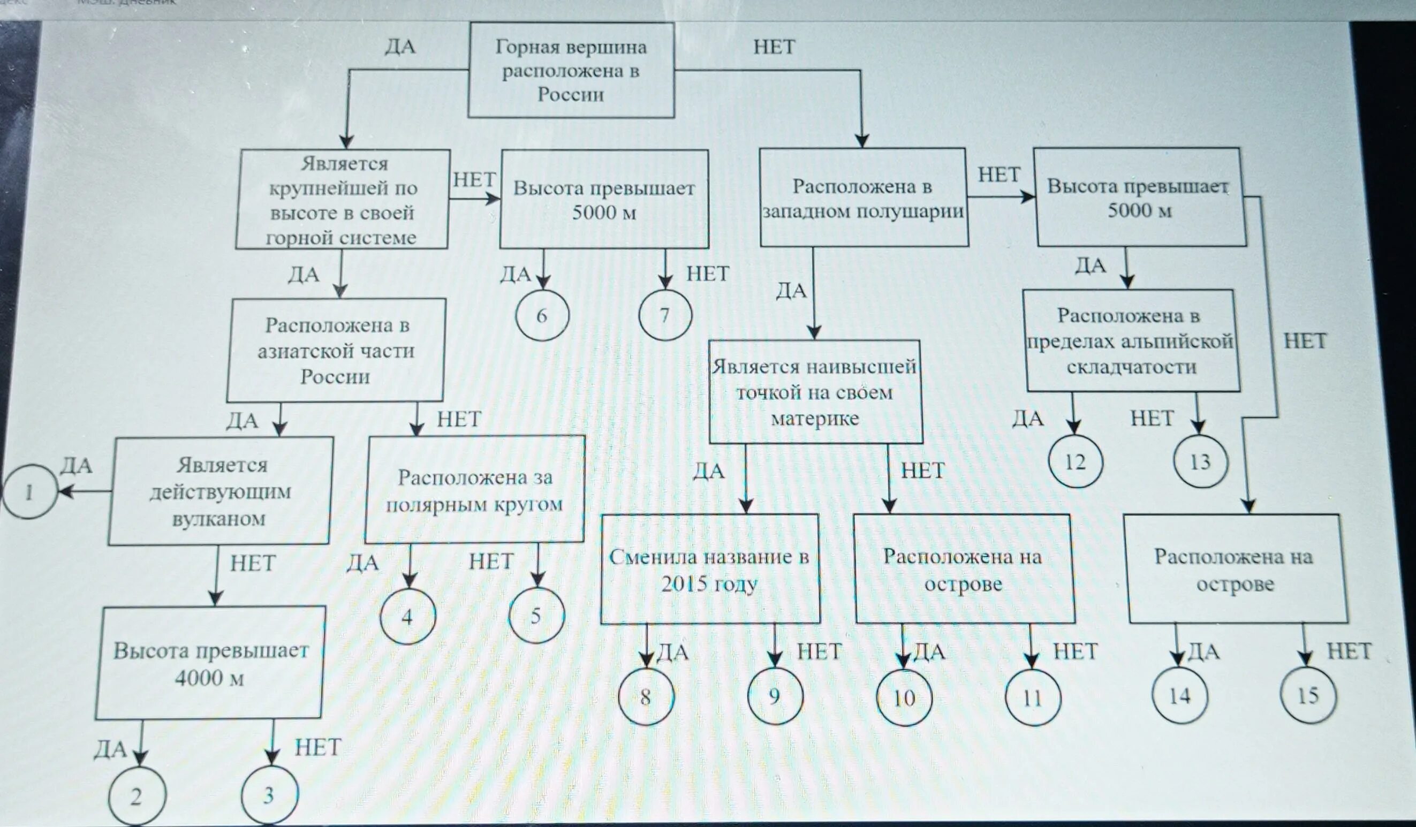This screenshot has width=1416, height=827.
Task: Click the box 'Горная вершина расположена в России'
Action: (571, 70)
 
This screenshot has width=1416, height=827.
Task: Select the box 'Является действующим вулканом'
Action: (220, 491)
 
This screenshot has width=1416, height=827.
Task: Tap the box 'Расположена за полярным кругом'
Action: (475, 490)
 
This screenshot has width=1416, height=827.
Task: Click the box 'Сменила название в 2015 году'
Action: (710, 569)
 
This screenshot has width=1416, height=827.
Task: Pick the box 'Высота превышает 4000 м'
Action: (210, 663)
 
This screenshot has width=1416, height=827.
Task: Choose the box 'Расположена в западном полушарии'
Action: (864, 198)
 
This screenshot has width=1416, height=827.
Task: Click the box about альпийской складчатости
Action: (1132, 341)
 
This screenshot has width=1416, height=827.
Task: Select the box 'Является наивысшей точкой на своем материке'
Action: (815, 392)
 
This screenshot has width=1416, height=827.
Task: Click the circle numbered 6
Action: (542, 315)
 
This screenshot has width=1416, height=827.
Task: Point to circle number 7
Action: (665, 315)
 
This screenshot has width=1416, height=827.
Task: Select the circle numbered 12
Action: (1075, 462)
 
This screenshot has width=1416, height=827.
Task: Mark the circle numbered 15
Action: (1307, 695)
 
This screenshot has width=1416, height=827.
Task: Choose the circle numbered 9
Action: (774, 696)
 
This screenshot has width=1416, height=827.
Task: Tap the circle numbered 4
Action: (407, 617)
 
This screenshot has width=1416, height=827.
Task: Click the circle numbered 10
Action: (904, 698)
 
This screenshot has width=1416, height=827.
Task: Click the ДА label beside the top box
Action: (400, 46)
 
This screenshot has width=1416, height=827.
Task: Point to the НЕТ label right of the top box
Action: (774, 47)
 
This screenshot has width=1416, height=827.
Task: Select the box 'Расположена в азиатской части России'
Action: (336, 350)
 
